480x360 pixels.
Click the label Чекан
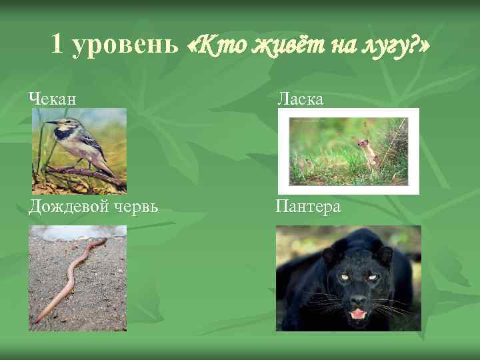[x=52, y=99]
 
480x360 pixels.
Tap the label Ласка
[x=300, y=99]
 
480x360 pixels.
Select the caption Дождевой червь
[x=93, y=207]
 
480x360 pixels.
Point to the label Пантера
[x=309, y=207]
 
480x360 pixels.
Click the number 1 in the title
[x=57, y=45]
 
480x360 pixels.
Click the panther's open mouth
[x=358, y=313]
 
